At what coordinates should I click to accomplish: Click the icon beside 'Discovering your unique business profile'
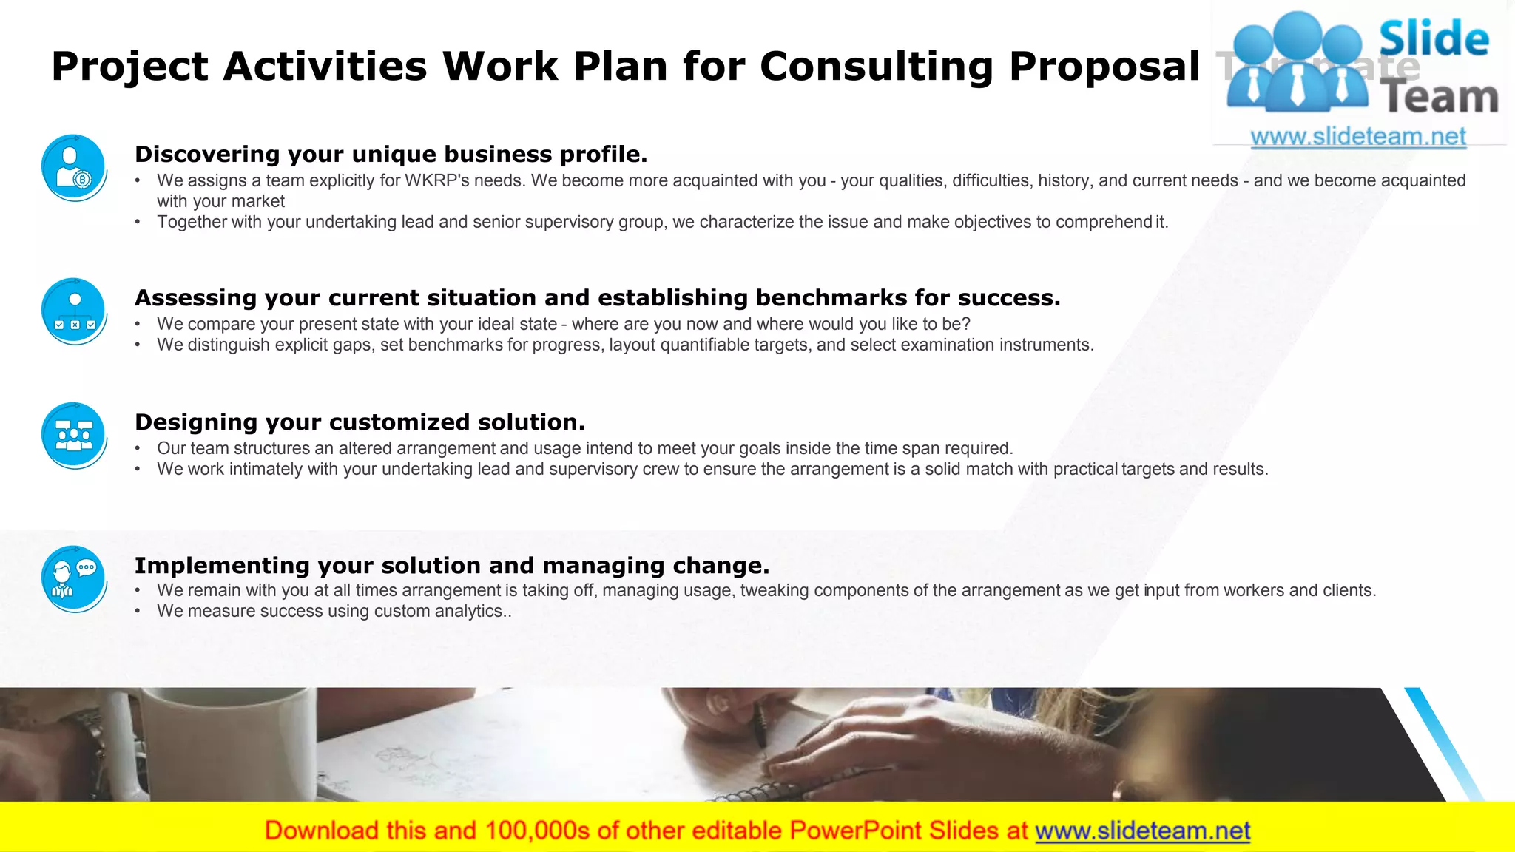(x=74, y=167)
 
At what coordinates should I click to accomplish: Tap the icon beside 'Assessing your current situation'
(x=74, y=311)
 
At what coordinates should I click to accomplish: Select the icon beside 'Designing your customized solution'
(x=74, y=435)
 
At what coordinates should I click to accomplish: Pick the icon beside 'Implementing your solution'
(x=74, y=578)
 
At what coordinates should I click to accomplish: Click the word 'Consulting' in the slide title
(x=877, y=67)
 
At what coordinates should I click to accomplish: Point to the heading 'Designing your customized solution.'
(x=360, y=422)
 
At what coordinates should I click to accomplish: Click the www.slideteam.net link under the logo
(x=1358, y=137)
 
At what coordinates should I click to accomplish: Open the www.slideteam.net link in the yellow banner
(x=1142, y=831)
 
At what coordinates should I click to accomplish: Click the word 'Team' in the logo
(x=1441, y=98)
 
